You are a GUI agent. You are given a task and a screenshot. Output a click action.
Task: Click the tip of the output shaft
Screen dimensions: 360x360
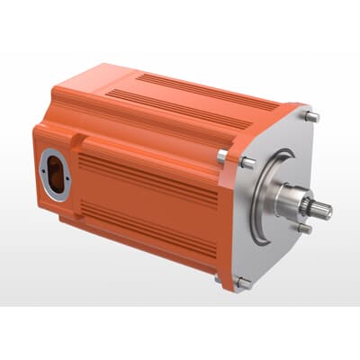click(326, 211)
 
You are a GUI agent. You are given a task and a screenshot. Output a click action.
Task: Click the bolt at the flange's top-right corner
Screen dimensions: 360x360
click(311, 116)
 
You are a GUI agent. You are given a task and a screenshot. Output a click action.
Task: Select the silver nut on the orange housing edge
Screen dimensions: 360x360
click(222, 156)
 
